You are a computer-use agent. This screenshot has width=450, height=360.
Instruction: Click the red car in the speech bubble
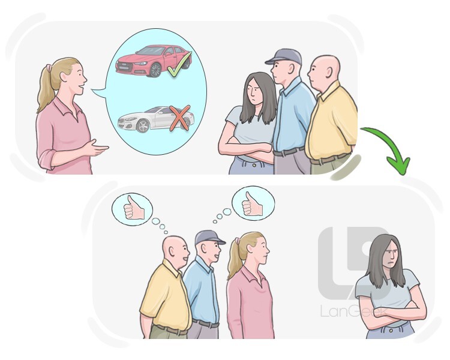click(x=150, y=61)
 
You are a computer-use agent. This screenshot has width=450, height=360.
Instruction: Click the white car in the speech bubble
click(x=153, y=119)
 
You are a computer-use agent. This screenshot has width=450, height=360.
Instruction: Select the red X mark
click(x=179, y=118)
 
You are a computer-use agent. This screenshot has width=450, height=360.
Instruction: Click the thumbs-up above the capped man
click(x=251, y=203)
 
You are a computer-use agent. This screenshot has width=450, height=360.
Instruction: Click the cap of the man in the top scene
click(x=283, y=56)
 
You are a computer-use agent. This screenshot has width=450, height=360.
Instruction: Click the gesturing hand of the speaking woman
click(x=99, y=148)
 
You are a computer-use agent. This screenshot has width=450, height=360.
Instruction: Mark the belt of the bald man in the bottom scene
click(x=168, y=329)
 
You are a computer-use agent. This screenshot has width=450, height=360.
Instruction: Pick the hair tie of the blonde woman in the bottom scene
click(x=237, y=241)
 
